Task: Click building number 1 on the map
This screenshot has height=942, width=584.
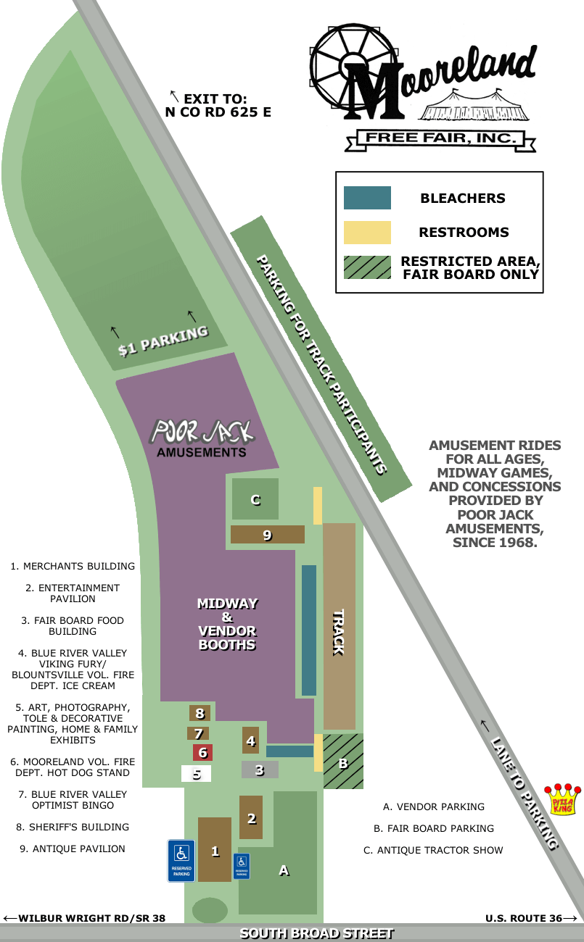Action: point(215,850)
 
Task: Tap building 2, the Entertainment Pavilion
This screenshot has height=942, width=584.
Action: point(251,817)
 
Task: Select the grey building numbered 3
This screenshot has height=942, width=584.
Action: point(260,770)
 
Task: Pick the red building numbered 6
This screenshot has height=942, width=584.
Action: point(202,752)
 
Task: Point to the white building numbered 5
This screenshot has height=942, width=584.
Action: point(196,774)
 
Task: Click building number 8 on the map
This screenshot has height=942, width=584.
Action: point(200,713)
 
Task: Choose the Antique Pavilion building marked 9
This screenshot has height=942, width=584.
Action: point(267,535)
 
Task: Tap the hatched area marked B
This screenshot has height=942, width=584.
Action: point(343,762)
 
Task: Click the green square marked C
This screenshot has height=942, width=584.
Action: point(255,499)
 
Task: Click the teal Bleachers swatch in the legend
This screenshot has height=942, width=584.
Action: point(367,198)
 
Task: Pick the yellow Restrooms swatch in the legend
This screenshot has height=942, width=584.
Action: point(367,233)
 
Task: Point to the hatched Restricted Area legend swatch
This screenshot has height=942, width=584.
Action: point(367,267)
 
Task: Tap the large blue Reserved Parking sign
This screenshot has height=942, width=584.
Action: point(181,861)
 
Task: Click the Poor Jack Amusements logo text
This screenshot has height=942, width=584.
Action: point(202,438)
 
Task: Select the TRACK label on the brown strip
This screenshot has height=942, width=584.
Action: point(338,633)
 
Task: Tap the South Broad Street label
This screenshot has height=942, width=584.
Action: point(316,933)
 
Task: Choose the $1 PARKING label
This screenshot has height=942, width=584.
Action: point(163,341)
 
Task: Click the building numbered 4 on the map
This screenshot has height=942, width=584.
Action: point(250,741)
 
